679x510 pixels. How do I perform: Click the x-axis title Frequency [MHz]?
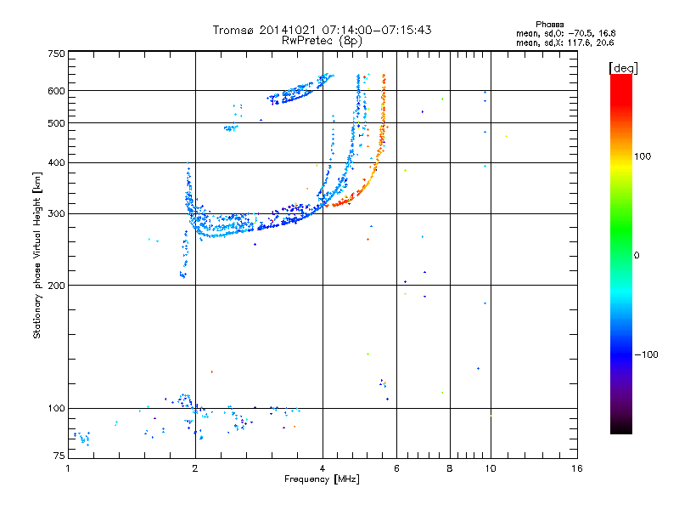[x=323, y=480]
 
